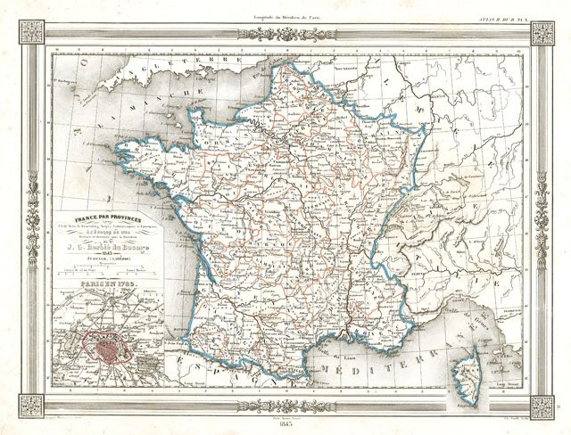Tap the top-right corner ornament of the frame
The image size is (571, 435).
[x=542, y=33]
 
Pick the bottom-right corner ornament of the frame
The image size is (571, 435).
[x=542, y=406]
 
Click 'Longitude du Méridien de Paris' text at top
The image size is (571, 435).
[x=285, y=6]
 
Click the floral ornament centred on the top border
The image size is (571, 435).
[x=285, y=34]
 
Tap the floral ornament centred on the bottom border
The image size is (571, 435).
[x=285, y=406]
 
